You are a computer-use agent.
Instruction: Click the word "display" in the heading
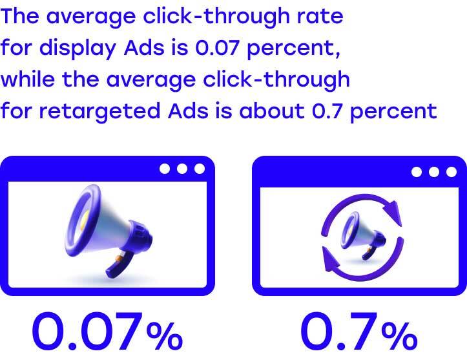78,48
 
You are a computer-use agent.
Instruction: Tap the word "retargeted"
99,111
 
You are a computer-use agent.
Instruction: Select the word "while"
28,79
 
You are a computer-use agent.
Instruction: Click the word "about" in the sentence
272,111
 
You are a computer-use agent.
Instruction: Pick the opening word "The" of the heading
19,16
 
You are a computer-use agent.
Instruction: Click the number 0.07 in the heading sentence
217,48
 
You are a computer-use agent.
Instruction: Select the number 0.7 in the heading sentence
326,111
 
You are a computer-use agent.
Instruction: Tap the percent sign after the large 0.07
165,336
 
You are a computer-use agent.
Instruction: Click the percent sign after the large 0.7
399,336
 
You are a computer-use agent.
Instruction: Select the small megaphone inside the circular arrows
363,236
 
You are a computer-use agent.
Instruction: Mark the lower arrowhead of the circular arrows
331,259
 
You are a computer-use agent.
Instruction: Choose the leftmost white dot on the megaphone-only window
165,169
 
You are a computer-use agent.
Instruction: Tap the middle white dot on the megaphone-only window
182,169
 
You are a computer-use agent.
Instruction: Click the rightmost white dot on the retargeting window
451,172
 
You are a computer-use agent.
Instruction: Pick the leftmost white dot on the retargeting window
417,172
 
